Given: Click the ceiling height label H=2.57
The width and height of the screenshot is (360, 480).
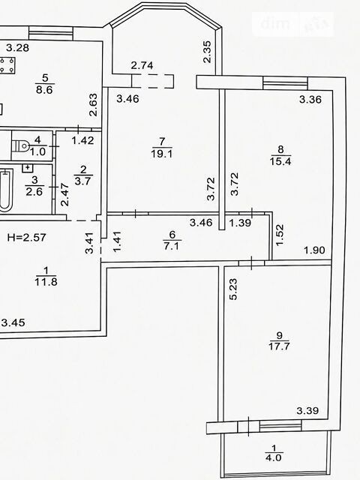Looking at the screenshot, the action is pyautogui.click(x=27, y=237).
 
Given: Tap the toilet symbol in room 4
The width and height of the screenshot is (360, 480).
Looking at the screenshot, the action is pyautogui.click(x=20, y=145).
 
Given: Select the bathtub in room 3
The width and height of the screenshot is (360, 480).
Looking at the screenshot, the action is pyautogui.click(x=5, y=190).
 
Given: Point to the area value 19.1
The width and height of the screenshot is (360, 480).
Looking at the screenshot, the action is pyautogui.click(x=162, y=153).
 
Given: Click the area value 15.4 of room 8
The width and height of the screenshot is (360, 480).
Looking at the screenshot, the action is pyautogui.click(x=280, y=161).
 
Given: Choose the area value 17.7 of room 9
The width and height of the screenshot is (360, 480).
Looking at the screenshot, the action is pyautogui.click(x=279, y=346).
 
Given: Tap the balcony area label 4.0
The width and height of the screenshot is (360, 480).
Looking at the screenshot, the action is pyautogui.click(x=274, y=457).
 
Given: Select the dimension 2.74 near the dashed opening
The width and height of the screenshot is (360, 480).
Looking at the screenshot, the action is pyautogui.click(x=142, y=65).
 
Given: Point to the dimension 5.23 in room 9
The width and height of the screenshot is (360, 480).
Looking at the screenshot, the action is pyautogui.click(x=233, y=289).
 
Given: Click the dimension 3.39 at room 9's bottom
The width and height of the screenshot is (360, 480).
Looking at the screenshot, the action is pyautogui.click(x=307, y=410).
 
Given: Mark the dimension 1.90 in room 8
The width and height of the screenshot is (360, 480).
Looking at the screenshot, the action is pyautogui.click(x=314, y=250).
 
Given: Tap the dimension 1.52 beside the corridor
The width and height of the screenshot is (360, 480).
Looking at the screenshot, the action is pyautogui.click(x=280, y=235).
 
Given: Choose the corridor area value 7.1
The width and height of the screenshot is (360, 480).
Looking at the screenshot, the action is pyautogui.click(x=172, y=246).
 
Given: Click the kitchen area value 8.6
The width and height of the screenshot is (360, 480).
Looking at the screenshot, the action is pyautogui.click(x=45, y=90).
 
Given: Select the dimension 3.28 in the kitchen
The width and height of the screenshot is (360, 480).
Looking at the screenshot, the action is pyautogui.click(x=18, y=48).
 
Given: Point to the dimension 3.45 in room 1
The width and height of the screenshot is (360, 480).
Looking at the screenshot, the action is pyautogui.click(x=13, y=322).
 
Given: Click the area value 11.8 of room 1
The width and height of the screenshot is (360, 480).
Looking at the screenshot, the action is pyautogui.click(x=46, y=281).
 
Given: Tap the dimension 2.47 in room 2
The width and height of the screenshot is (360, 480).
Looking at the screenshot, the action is pyautogui.click(x=64, y=194).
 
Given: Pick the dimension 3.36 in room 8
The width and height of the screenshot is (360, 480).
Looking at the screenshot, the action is pyautogui.click(x=310, y=100).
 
